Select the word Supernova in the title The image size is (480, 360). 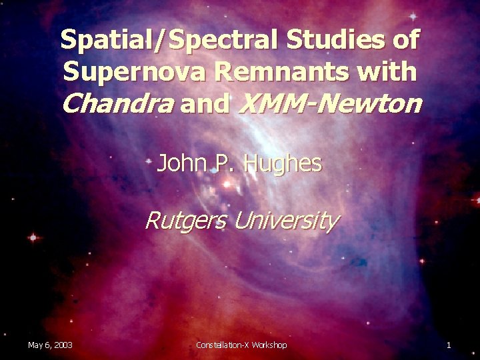click(127, 71)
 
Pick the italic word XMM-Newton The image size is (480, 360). click(329, 103)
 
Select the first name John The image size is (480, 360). click(179, 163)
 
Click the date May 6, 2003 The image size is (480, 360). click(50, 345)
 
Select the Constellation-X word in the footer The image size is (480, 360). click(223, 345)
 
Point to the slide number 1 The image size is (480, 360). click(449, 345)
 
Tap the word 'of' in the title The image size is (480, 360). click(405, 40)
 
